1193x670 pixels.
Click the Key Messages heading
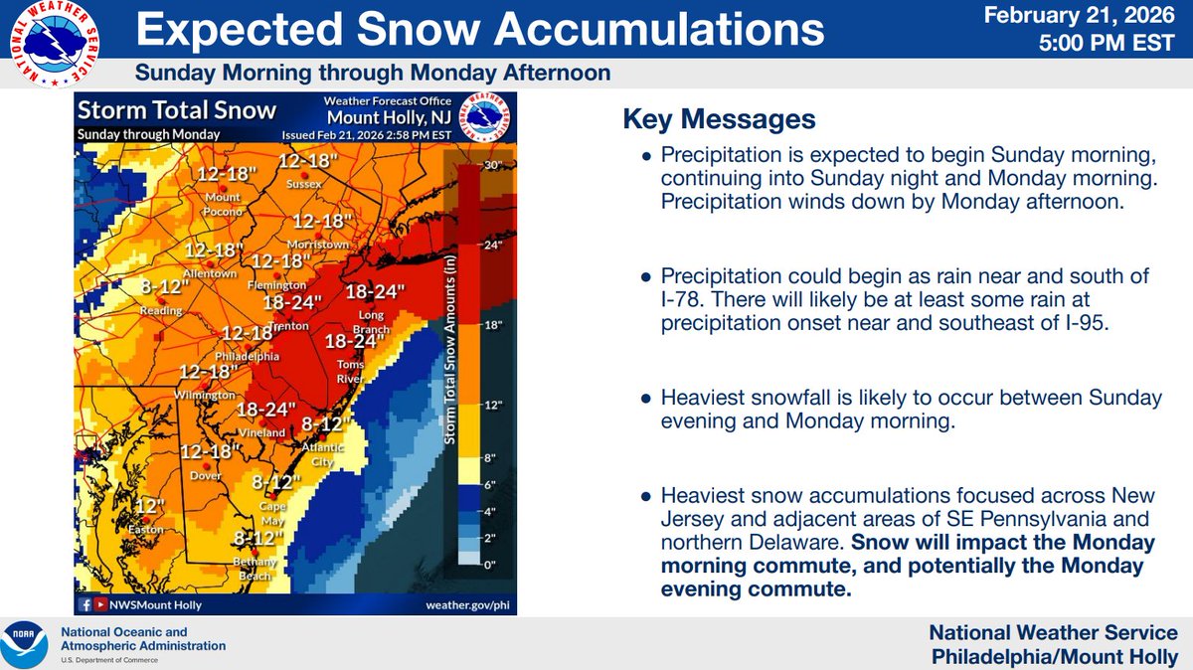pyautogui.click(x=719, y=120)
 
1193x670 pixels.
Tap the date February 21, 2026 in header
pyautogui.click(x=1089, y=17)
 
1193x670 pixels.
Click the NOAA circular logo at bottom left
pyautogui.click(x=27, y=645)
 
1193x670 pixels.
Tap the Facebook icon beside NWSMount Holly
pyautogui.click(x=85, y=604)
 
